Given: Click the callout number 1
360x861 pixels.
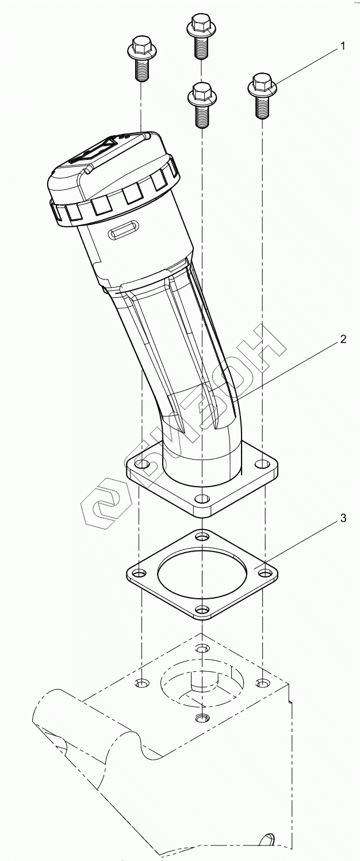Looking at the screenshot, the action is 342,47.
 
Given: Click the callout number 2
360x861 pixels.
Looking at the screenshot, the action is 342,339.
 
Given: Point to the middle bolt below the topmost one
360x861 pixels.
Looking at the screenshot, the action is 202,105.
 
